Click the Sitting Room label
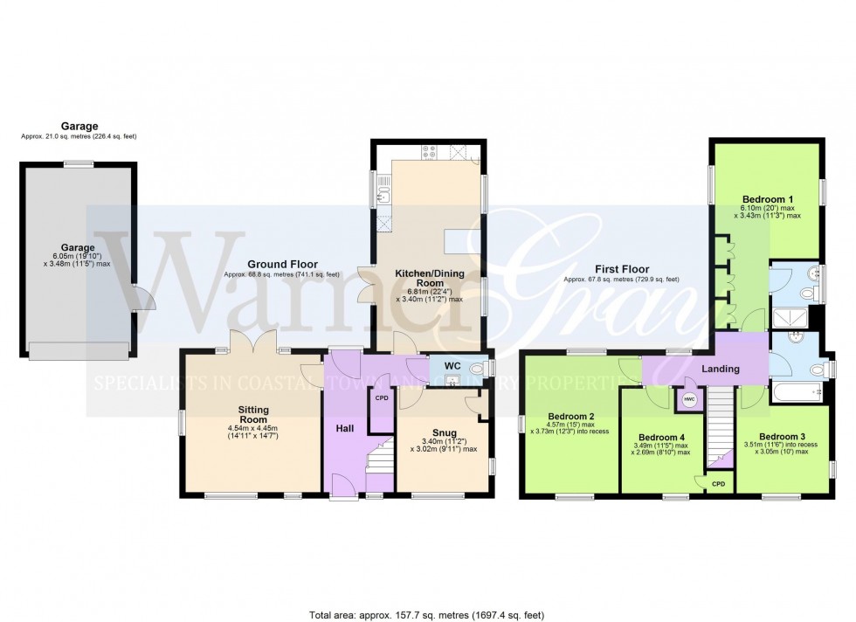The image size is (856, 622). coord(254,414)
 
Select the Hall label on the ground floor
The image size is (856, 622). coord(344,429)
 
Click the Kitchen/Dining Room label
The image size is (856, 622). coord(426,280)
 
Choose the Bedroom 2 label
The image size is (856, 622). coord(571,417)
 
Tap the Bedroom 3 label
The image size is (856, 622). coord(782,437)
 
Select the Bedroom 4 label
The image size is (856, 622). coord(661,438)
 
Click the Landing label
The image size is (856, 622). coord(721,370)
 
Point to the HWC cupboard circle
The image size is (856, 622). coord(688,399)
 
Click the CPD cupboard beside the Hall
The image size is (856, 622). coord(381,398)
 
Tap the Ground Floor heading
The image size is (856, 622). coord(282,265)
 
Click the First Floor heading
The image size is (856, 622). coord(621,270)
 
